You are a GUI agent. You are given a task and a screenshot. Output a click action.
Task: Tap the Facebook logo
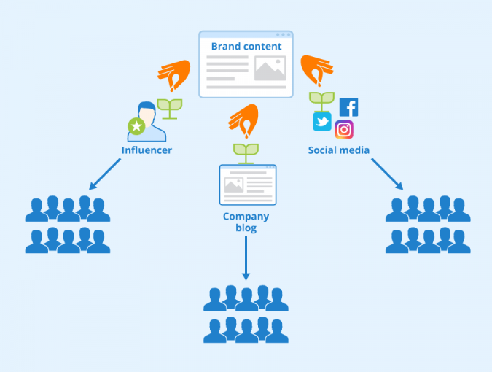(x=348, y=107)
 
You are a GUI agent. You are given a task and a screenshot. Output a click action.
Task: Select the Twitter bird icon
(x=322, y=121)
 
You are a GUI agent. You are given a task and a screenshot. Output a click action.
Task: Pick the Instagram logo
(x=344, y=130)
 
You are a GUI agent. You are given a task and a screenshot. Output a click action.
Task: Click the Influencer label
(x=147, y=151)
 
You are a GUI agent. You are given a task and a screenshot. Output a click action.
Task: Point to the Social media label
(x=338, y=151)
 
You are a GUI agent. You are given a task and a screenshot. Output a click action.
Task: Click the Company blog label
(x=246, y=222)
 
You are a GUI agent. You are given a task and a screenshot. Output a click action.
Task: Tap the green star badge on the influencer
(x=136, y=127)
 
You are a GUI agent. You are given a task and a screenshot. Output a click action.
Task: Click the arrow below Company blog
(x=246, y=259)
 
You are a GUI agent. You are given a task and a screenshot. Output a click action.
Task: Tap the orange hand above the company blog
(x=244, y=120)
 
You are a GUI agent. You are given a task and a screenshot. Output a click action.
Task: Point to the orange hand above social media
(x=317, y=71)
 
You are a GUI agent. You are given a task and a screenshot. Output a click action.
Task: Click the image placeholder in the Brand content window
(x=269, y=69)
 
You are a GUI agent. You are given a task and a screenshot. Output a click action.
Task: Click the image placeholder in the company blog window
(x=233, y=185)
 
